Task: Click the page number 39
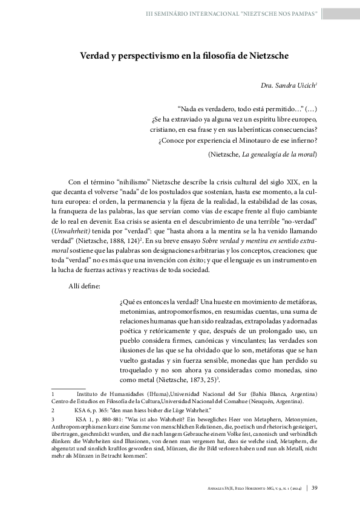tap(315, 488)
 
